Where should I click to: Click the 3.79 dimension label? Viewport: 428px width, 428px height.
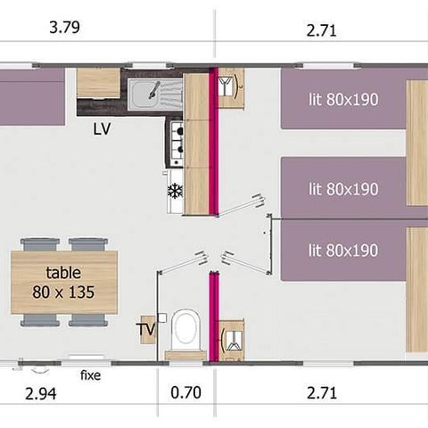[x=65, y=27]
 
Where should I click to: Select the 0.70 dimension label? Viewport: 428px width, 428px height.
[x=185, y=391]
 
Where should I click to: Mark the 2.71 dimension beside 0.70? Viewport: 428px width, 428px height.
[x=321, y=391]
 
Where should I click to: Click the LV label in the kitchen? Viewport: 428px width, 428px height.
[x=102, y=128]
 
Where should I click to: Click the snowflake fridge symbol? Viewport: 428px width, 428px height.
[x=175, y=190]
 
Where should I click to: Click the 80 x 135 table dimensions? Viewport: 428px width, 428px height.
[x=63, y=291]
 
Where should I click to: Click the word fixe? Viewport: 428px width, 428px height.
[x=90, y=375]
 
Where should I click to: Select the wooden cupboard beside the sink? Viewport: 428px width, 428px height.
[x=97, y=83]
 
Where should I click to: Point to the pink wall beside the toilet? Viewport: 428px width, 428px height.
[x=213, y=316]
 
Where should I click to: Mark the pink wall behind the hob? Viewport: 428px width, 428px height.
[x=213, y=143]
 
